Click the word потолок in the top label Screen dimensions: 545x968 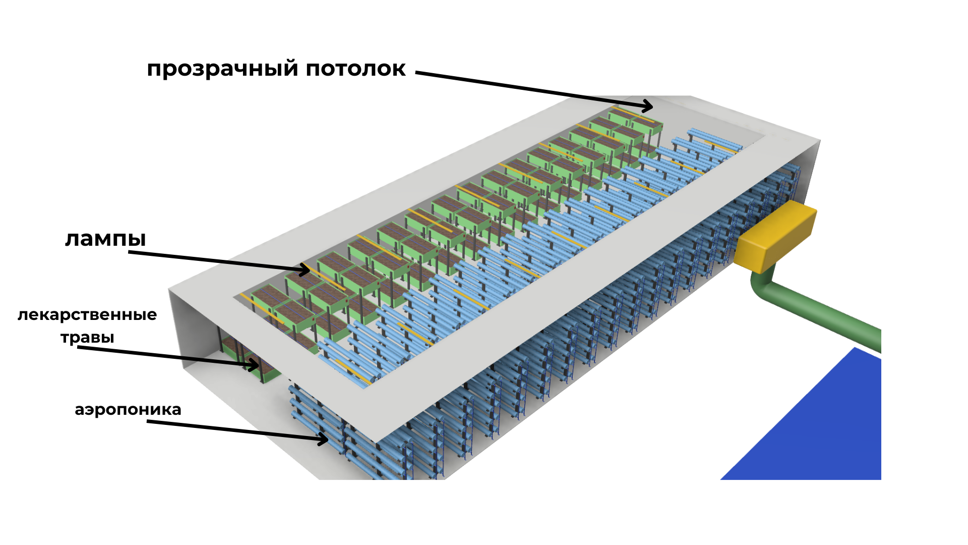(x=355, y=69)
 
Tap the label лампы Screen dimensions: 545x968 (x=105, y=239)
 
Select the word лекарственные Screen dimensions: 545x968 (x=87, y=315)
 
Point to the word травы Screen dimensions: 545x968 (x=87, y=337)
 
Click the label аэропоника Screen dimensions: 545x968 (x=128, y=409)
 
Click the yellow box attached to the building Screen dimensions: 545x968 (x=775, y=234)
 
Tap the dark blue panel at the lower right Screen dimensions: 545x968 (x=817, y=429)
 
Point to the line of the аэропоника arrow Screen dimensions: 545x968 (x=232, y=429)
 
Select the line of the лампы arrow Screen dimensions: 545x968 (x=217, y=260)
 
